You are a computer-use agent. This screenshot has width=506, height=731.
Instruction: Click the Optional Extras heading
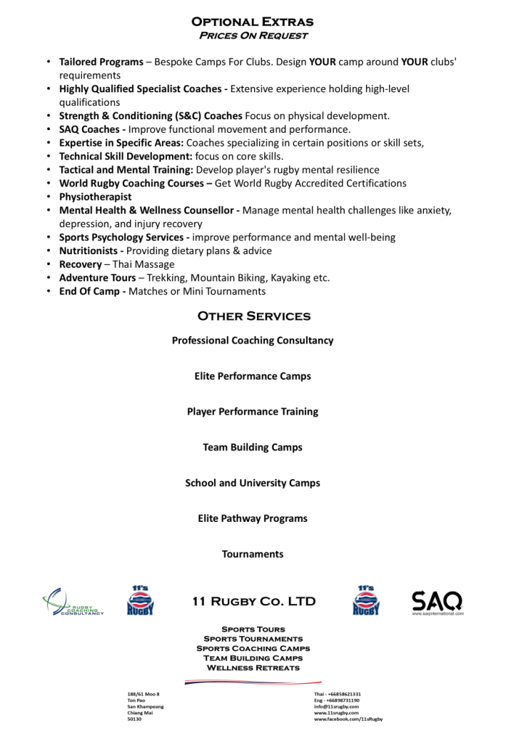point(253,22)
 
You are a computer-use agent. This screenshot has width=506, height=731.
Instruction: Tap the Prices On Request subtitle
point(253,36)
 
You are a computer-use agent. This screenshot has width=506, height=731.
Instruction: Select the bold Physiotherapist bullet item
point(95,196)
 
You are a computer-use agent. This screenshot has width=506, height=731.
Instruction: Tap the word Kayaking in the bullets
point(290,278)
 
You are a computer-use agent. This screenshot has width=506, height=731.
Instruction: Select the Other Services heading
point(253,316)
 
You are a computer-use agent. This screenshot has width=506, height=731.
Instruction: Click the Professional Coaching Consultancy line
point(253,341)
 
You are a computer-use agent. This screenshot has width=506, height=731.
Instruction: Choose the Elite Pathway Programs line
point(253,518)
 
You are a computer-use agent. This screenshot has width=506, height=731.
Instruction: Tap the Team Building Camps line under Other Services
point(253,447)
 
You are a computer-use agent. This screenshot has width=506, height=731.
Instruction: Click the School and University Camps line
point(253,483)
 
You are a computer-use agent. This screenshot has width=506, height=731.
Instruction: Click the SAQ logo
point(437,601)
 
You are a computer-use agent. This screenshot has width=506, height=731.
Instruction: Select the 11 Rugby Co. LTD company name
point(253,601)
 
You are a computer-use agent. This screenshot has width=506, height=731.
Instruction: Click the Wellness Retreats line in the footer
point(253,667)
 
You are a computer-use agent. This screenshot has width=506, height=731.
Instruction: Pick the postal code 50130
point(134,720)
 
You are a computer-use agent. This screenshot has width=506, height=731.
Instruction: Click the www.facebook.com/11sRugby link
point(348,720)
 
